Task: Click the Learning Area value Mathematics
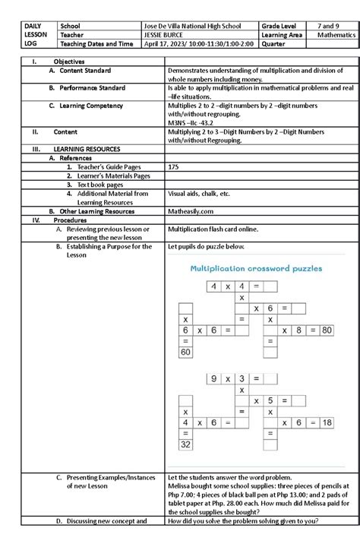click(x=336, y=35)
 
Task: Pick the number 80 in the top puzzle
click(x=326, y=330)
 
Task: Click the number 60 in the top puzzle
click(x=185, y=352)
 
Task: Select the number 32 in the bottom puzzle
click(x=185, y=444)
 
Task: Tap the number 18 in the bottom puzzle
click(x=326, y=422)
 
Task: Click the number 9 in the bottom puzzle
click(x=215, y=378)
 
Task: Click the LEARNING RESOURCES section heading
click(x=86, y=150)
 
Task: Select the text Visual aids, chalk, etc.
click(x=198, y=194)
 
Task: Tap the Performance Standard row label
click(x=93, y=88)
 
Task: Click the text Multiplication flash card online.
click(x=213, y=229)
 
